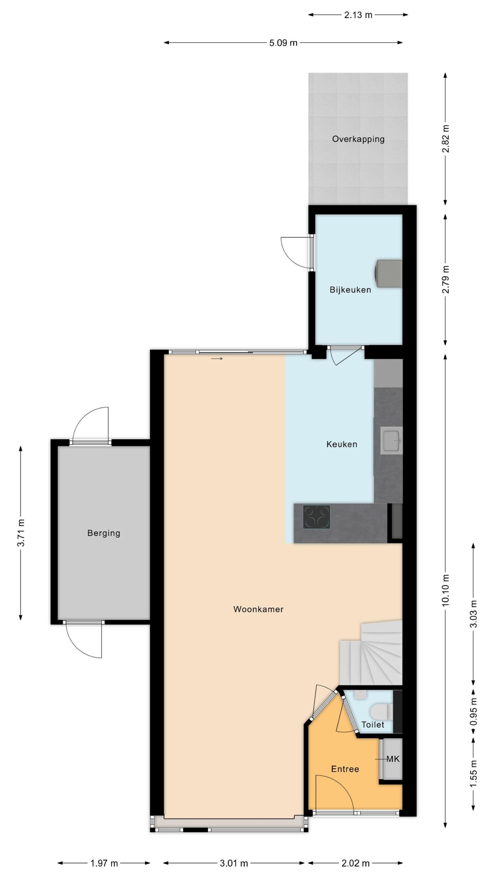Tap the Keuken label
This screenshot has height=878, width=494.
coord(342,444)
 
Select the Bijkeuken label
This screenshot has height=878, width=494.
coord(350,290)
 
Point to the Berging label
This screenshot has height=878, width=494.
coord(104,533)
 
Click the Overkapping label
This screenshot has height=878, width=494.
coord(358,139)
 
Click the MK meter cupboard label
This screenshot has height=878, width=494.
coord(393,759)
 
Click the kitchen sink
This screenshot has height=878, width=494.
coord(391,441)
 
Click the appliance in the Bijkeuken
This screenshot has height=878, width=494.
coord(389,273)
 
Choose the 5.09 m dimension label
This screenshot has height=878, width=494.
coord(283,43)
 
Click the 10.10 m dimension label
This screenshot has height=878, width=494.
coord(446,591)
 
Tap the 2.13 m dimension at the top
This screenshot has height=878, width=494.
coord(358,15)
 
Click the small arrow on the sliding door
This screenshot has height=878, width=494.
coord(217,359)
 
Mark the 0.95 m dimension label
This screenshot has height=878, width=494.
coord(474,712)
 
